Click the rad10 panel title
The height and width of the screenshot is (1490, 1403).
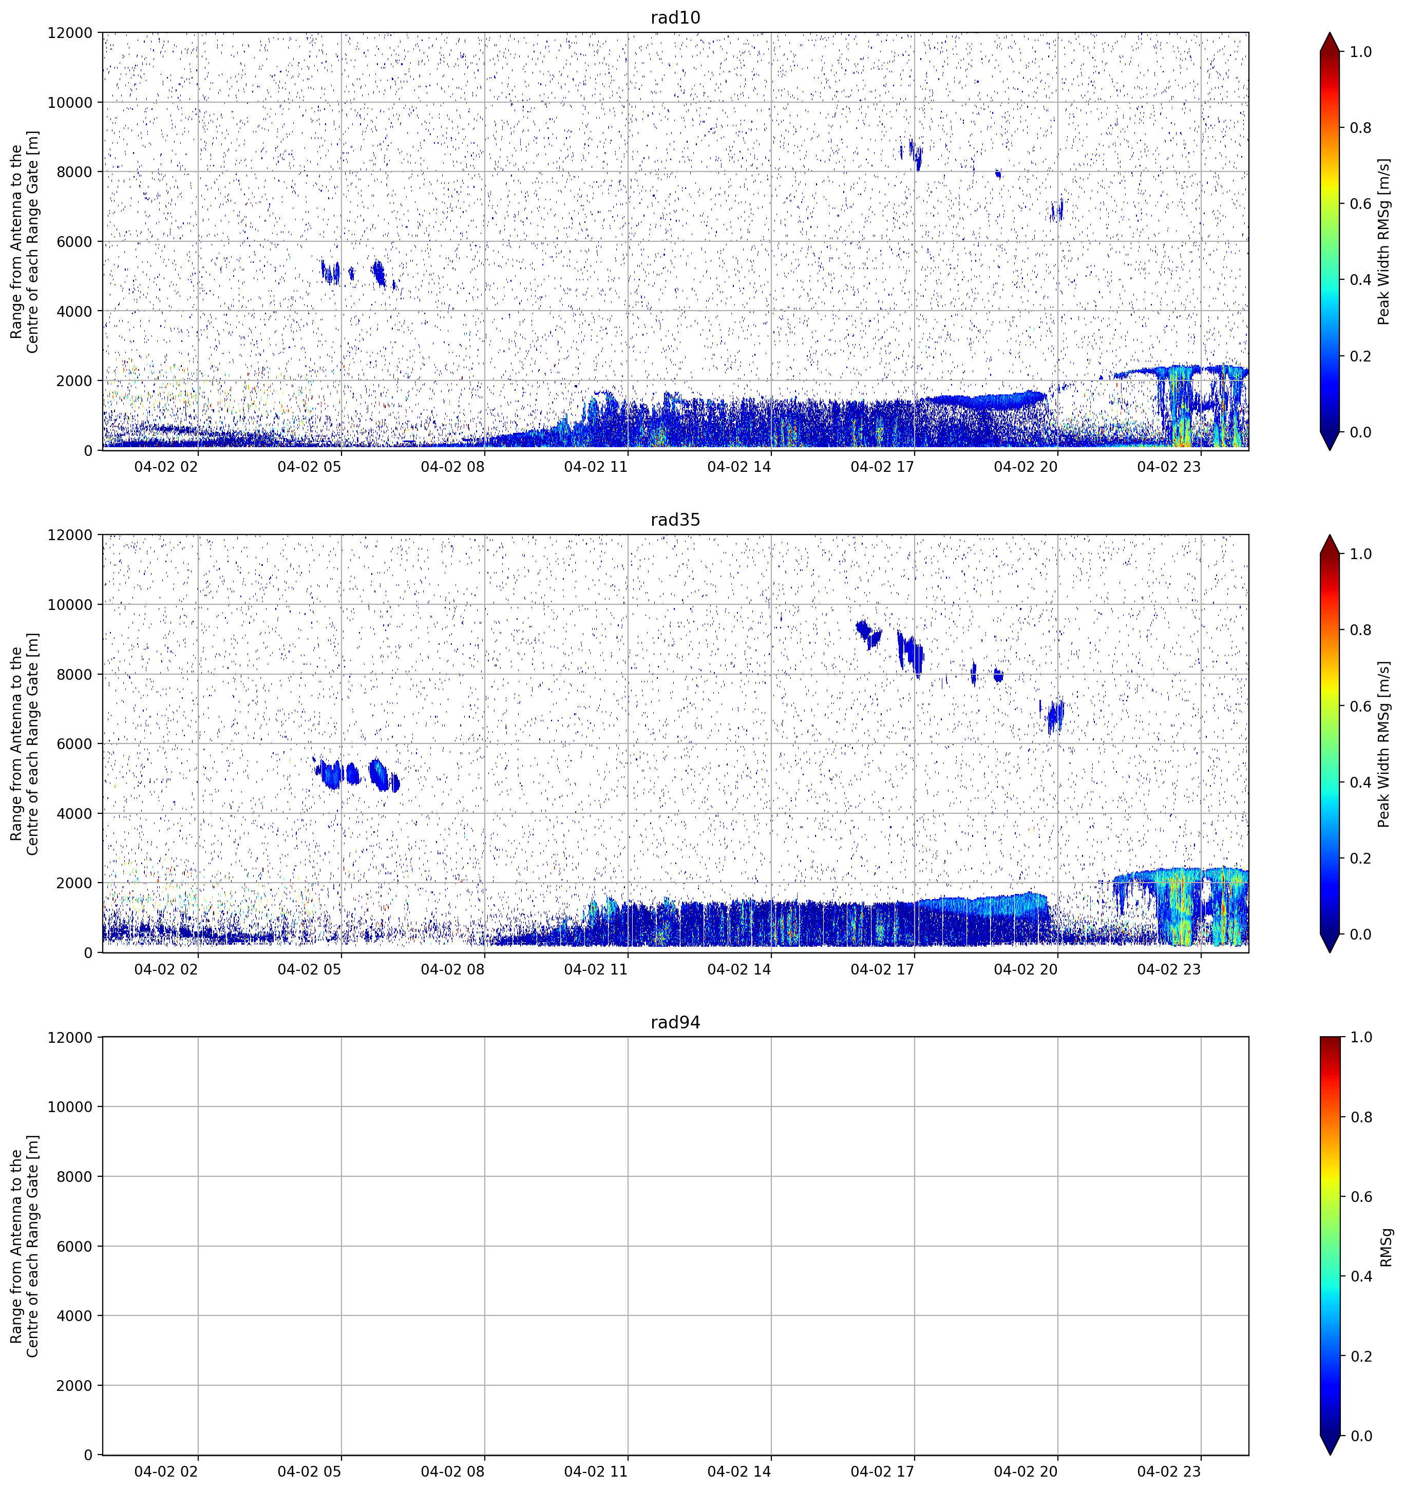click(675, 17)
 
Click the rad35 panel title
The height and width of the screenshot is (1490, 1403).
click(675, 520)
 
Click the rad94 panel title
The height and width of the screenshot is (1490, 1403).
click(675, 1022)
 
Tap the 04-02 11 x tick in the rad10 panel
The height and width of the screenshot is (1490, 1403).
click(596, 467)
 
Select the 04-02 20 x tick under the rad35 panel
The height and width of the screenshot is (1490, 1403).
click(1025, 969)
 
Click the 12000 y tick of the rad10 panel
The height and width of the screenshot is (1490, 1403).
click(70, 33)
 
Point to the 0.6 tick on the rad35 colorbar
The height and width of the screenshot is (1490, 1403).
click(1361, 706)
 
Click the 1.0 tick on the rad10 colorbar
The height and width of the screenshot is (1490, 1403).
click(1361, 52)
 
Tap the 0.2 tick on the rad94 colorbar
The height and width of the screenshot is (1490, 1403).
click(1361, 1357)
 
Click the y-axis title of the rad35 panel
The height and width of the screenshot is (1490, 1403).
click(24, 743)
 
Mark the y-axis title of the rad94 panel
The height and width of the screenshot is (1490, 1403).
click(24, 1247)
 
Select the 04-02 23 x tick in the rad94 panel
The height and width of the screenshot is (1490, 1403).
click(1168, 1472)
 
